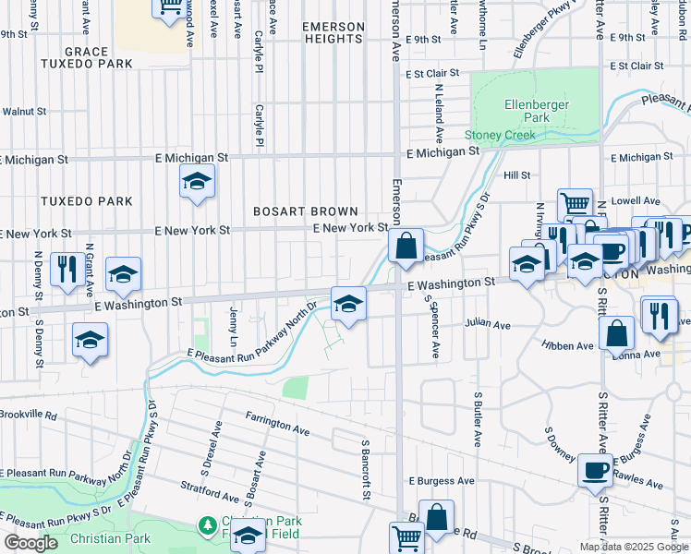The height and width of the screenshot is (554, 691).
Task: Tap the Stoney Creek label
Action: click(x=500, y=136)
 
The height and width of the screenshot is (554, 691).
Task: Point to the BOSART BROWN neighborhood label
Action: click(x=306, y=211)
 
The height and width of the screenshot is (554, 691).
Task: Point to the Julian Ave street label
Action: click(x=488, y=325)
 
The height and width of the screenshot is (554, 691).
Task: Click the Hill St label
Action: click(x=516, y=175)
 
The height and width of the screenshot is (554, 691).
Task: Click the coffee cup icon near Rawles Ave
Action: click(x=595, y=469)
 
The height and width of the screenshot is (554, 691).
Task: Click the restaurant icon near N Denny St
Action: click(x=65, y=269)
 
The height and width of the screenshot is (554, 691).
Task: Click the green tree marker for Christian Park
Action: click(x=208, y=525)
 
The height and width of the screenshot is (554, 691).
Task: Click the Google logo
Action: click(x=30, y=543)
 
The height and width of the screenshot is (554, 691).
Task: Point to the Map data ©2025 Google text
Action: click(x=634, y=547)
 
